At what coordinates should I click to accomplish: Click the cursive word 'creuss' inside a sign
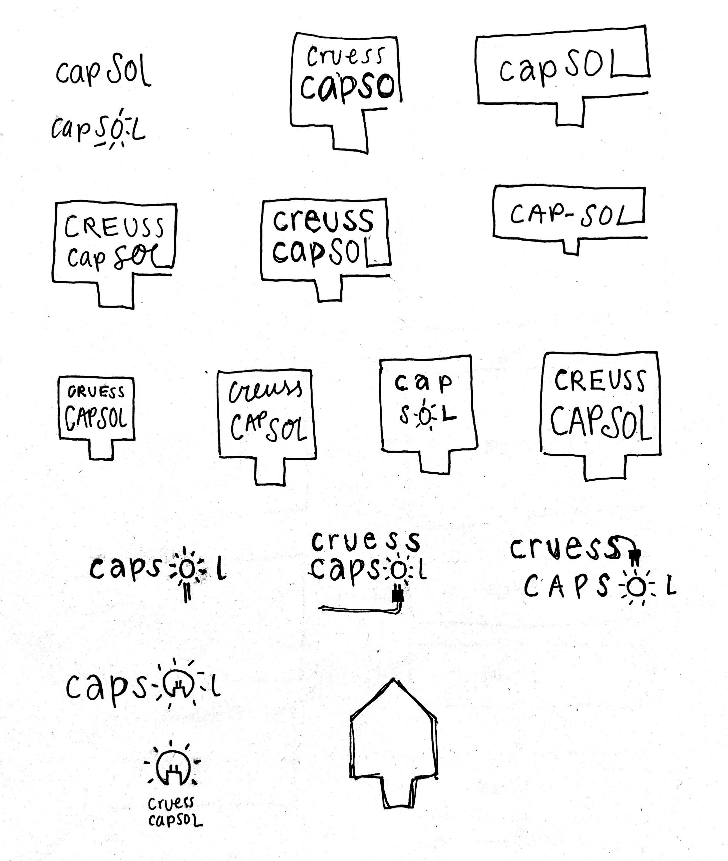click(x=265, y=390)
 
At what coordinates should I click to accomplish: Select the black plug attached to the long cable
click(x=398, y=595)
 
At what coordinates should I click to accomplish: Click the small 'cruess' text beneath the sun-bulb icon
click(x=171, y=803)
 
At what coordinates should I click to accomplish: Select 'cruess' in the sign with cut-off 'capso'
click(x=345, y=57)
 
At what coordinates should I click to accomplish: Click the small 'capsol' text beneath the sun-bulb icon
click(x=175, y=820)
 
